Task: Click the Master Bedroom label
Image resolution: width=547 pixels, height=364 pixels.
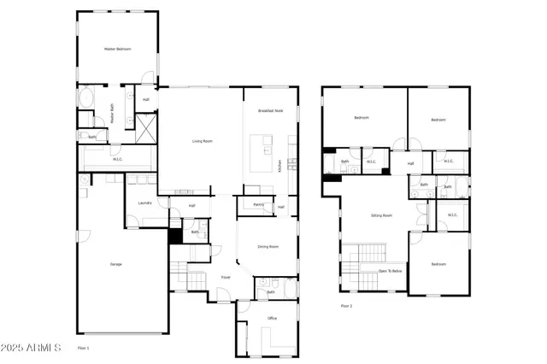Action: (118, 50)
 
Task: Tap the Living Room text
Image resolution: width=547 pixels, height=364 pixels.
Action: (202, 141)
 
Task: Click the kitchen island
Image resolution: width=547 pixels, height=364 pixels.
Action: (260, 154)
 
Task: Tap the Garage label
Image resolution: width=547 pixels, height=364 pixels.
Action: (115, 264)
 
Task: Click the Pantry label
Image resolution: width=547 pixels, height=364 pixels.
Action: (258, 205)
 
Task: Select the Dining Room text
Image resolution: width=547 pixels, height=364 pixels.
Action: (268, 247)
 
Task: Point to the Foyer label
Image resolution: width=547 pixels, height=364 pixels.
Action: (226, 277)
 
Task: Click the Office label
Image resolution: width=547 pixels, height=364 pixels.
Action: (272, 318)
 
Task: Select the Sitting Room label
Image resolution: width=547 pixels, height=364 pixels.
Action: (381, 215)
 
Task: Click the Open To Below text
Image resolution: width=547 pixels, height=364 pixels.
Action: (390, 271)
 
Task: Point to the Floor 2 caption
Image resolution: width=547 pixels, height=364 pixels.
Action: (346, 305)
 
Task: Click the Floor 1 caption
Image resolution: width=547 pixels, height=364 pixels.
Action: (83, 348)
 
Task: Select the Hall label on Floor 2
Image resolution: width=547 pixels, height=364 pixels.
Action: (410, 163)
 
